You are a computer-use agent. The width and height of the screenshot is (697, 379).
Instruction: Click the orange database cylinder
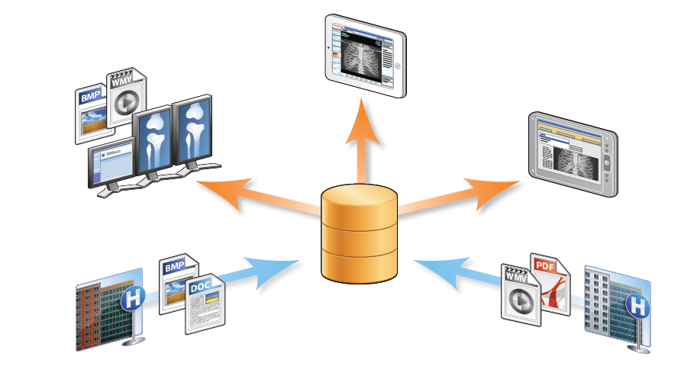(360, 236)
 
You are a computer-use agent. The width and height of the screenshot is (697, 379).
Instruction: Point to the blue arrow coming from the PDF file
(450, 272)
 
